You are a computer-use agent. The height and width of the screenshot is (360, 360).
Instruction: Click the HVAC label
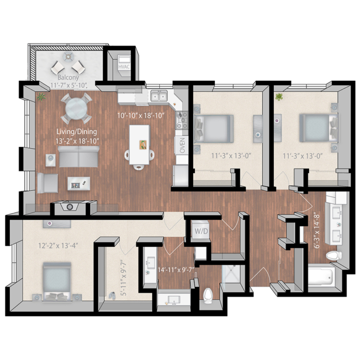tap(124, 66)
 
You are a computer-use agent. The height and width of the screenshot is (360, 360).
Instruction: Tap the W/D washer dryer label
tap(200, 230)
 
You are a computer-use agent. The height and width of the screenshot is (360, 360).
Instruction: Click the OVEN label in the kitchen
tap(182, 146)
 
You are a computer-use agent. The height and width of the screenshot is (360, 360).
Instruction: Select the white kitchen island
tap(140, 145)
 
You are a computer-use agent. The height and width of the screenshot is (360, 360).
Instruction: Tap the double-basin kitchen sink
tap(159, 95)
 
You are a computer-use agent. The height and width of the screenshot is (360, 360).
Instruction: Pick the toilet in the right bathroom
tap(334, 255)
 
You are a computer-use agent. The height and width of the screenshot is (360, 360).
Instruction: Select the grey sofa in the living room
tap(79, 156)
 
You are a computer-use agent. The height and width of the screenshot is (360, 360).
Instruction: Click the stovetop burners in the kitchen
tap(181, 121)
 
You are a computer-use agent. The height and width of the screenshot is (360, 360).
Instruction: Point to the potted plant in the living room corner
tap(41, 95)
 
